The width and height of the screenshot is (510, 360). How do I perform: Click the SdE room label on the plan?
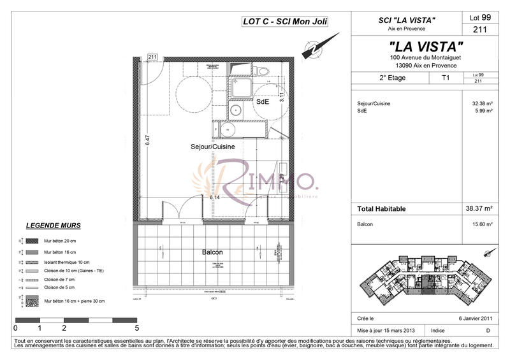263,101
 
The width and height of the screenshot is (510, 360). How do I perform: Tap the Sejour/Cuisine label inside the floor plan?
213,147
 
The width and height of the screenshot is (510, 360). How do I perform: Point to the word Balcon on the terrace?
212,252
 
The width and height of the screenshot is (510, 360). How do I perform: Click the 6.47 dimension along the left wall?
147,141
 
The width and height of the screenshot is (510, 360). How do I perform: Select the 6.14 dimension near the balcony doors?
215,198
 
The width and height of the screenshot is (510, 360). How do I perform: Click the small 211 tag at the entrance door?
152,57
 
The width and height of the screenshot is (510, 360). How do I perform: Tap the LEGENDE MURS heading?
53,226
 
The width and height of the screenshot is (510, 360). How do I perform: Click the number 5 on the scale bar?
137,329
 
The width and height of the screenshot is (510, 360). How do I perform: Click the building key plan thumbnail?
425,280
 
